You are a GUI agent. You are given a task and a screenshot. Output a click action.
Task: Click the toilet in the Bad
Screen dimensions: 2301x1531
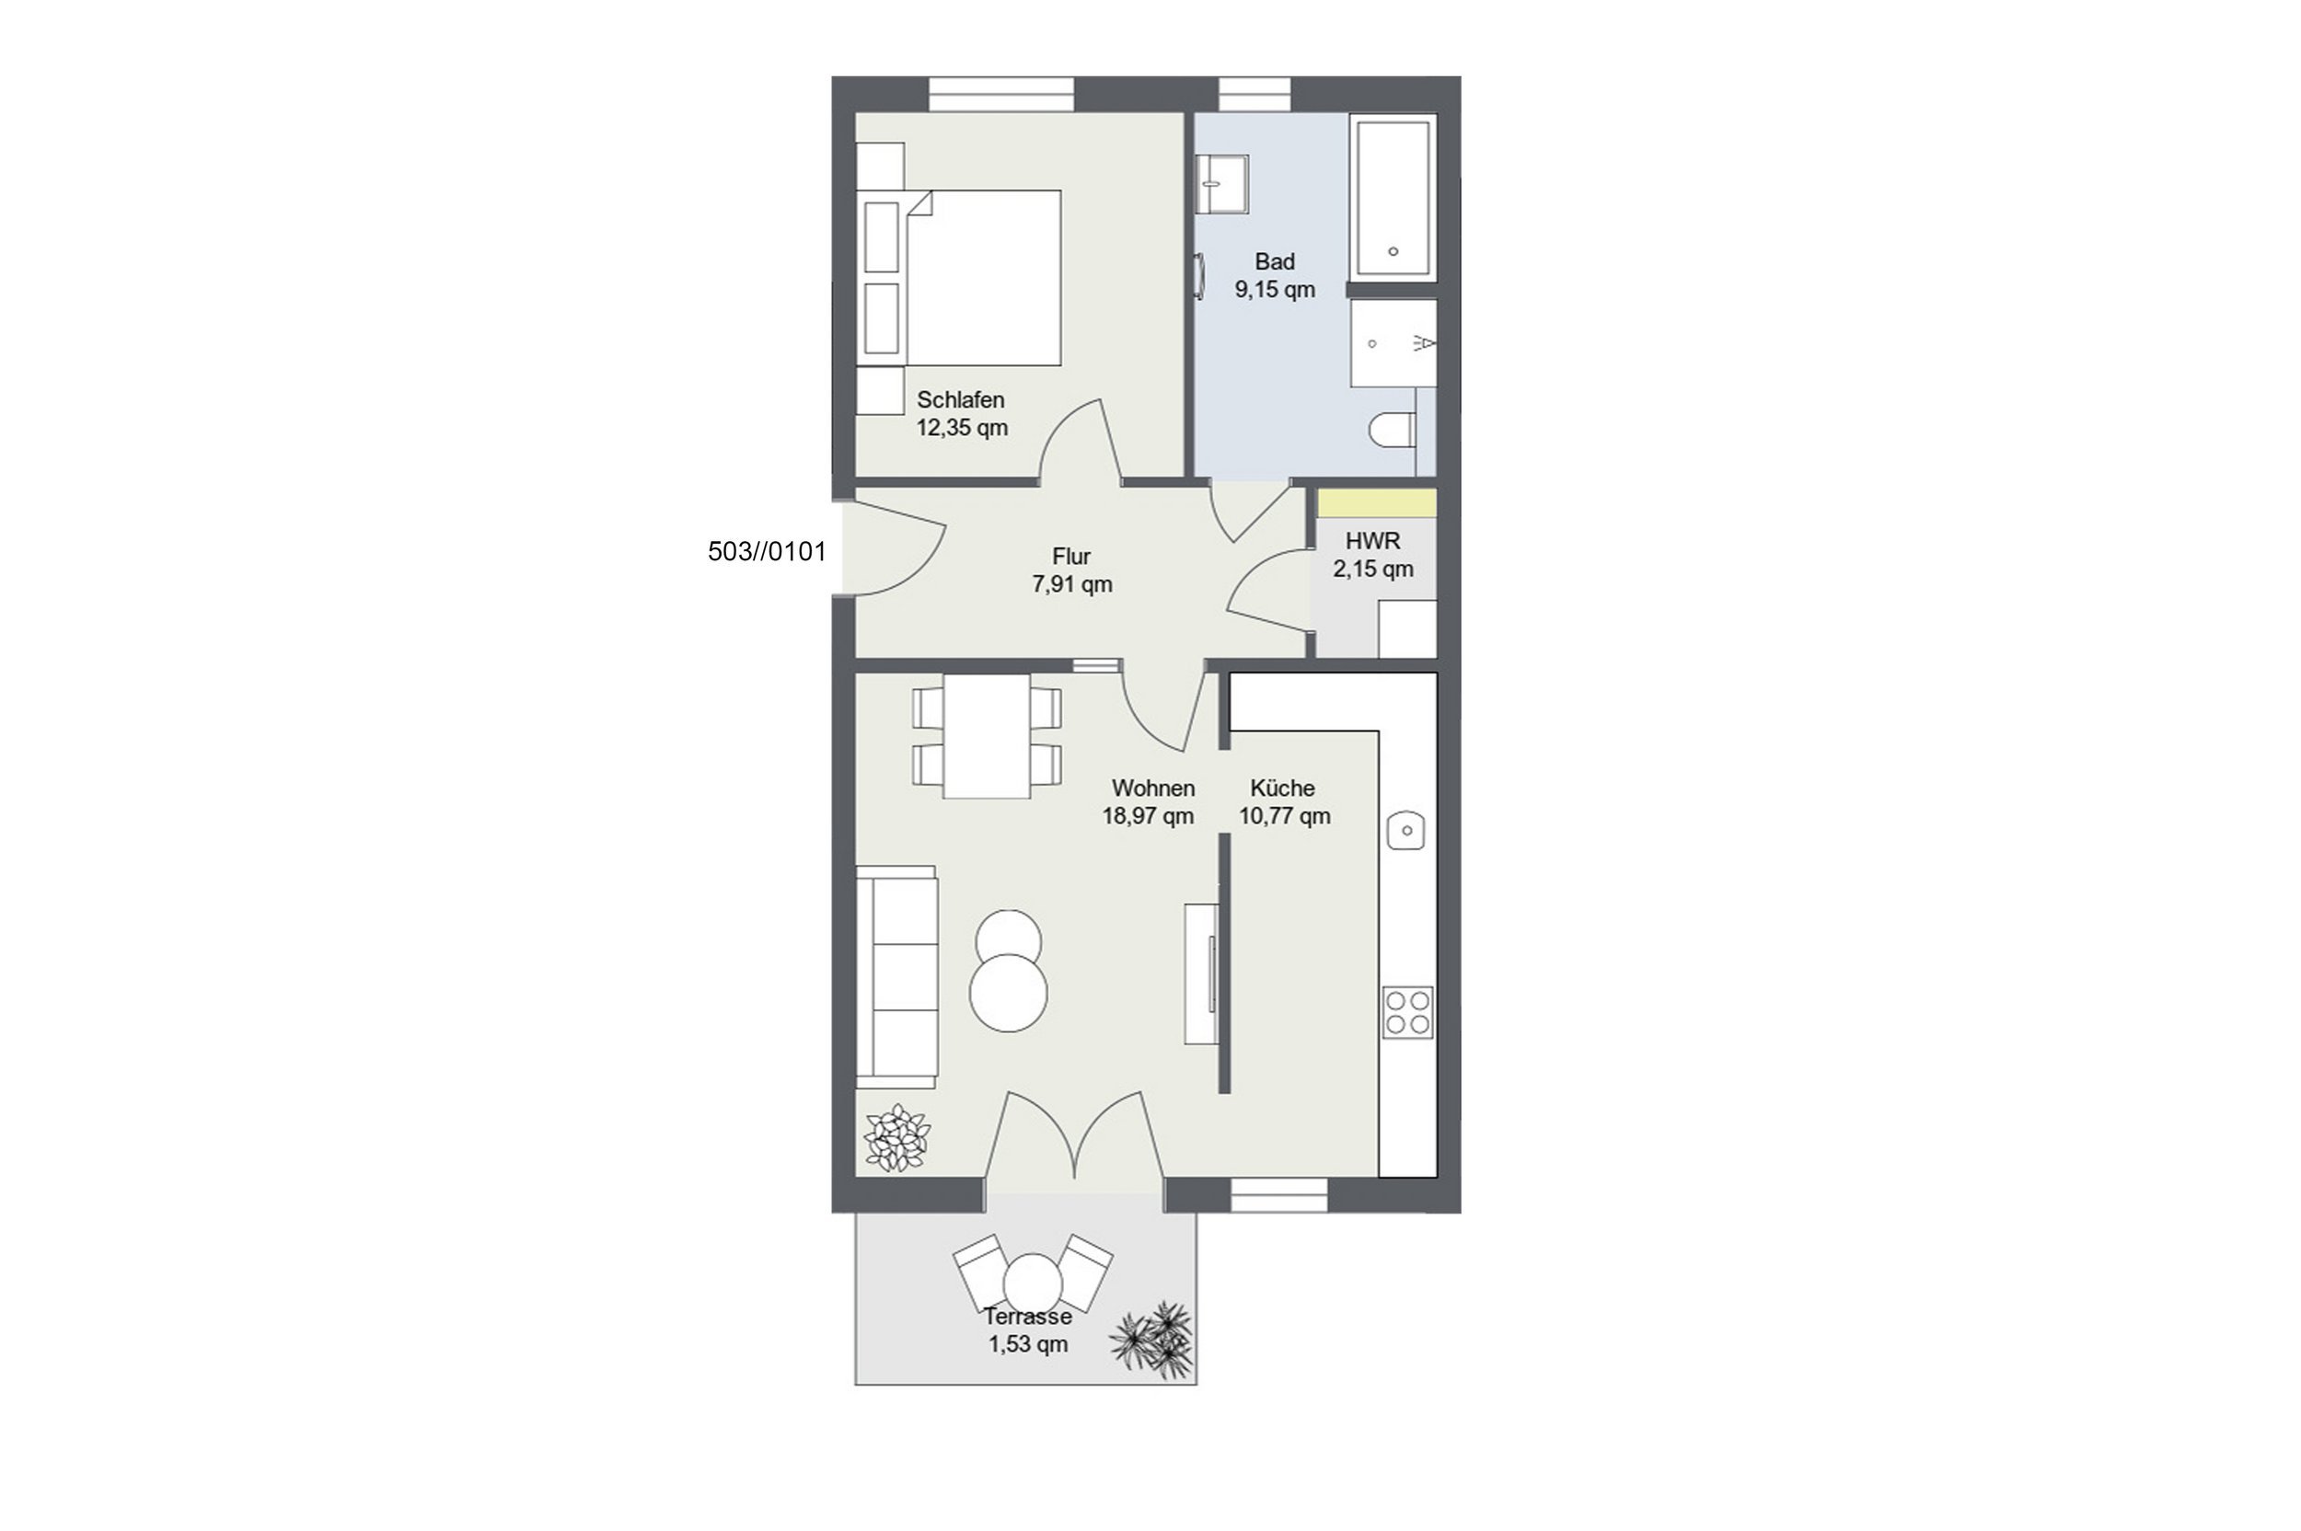[1393, 431]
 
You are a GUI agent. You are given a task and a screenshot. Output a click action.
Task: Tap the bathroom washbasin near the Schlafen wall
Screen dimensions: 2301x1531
[1223, 184]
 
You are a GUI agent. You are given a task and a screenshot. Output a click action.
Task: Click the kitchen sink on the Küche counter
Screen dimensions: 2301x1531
[1406, 830]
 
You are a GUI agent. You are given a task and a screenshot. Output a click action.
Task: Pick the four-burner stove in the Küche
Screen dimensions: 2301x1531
[1407, 1011]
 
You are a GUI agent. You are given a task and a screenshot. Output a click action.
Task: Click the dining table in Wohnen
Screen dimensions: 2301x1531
[987, 736]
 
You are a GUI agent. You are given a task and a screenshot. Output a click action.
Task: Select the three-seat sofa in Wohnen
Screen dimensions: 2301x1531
[896, 977]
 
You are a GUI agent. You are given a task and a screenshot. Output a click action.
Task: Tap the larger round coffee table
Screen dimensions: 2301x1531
[1008, 993]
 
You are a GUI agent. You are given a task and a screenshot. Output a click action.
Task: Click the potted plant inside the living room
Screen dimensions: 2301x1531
[896, 1137]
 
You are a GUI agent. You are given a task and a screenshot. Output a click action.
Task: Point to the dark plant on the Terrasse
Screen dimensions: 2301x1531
[1153, 1340]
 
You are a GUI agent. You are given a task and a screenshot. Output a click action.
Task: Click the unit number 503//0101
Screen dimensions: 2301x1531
[767, 552]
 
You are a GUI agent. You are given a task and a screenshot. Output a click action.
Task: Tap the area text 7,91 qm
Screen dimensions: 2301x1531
[1072, 584]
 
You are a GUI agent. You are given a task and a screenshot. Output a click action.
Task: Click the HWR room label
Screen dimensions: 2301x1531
[1372, 540]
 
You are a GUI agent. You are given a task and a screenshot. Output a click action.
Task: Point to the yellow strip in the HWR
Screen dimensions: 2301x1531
[1377, 503]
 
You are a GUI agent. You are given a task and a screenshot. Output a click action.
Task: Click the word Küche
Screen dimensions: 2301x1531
[1282, 787]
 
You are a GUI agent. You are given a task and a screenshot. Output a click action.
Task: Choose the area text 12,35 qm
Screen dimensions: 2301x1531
[962, 427]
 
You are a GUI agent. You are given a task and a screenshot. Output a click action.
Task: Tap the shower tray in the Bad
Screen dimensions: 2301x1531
[1393, 342]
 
